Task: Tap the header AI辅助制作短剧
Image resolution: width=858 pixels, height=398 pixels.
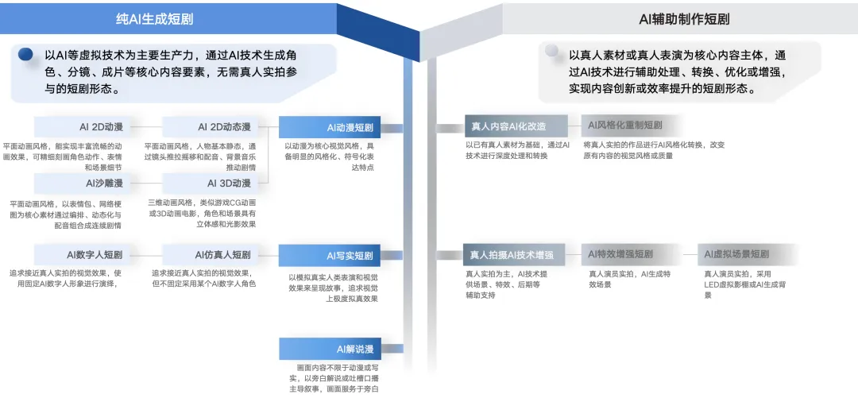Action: [x=684, y=18]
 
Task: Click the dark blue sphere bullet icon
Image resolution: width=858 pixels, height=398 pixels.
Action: [x=25, y=55]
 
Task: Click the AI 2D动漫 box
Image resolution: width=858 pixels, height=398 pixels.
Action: [x=83, y=127]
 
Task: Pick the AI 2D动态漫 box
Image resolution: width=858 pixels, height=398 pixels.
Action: [x=211, y=127]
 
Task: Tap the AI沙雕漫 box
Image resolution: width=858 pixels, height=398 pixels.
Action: [x=83, y=184]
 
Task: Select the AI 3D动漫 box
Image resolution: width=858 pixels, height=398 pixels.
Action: [x=211, y=184]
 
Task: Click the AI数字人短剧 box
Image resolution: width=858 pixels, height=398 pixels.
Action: [x=83, y=255]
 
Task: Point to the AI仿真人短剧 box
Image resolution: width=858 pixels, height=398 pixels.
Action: [x=211, y=255]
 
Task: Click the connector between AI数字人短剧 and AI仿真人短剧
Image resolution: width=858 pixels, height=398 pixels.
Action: [x=145, y=255]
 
